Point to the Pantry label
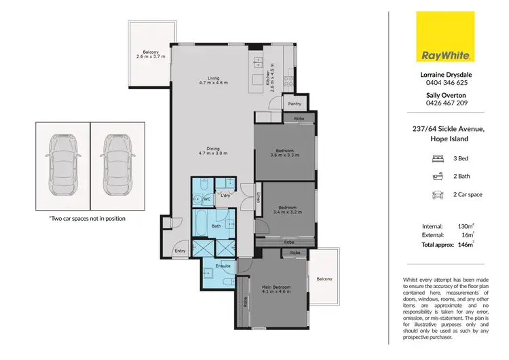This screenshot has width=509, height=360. [295, 104]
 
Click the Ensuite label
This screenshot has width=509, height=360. [223, 266]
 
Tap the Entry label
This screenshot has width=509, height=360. [180, 251]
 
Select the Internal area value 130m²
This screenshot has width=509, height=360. [464, 226]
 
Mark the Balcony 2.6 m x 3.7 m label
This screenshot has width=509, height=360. [150, 53]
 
